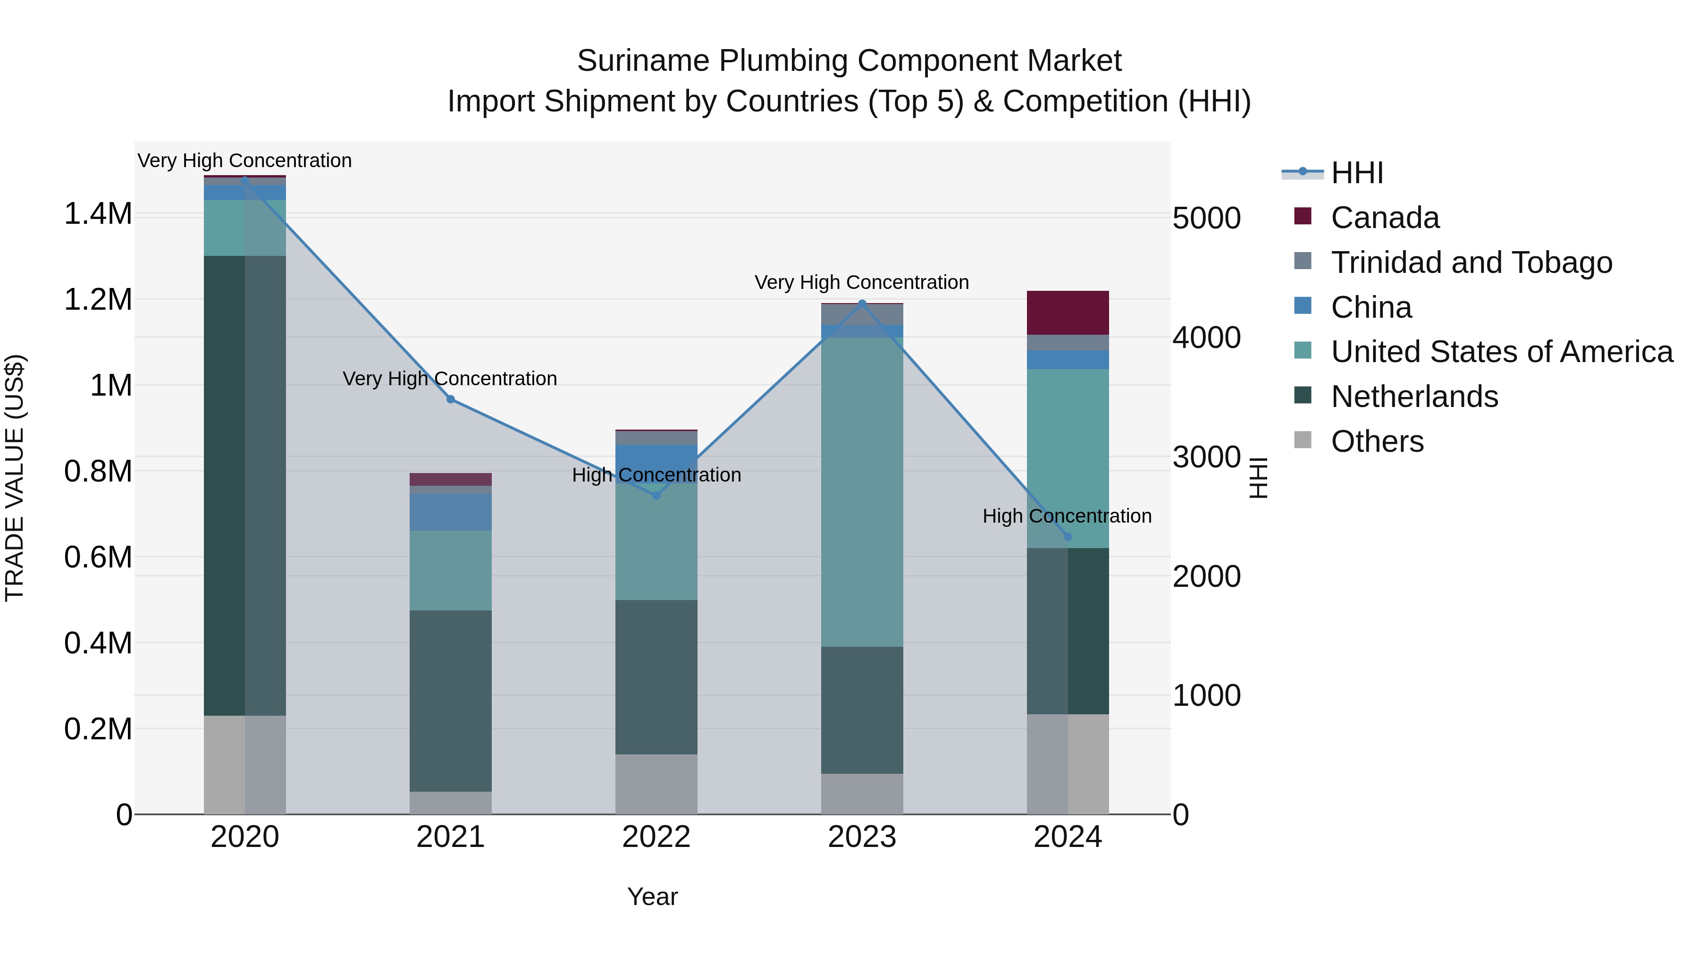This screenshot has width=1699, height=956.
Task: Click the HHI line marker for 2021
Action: pyautogui.click(x=451, y=399)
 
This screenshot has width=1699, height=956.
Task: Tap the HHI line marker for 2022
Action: pyautogui.click(x=656, y=495)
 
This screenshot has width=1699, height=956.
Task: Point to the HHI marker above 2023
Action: pyautogui.click(x=862, y=304)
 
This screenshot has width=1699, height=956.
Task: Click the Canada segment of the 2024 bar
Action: pyautogui.click(x=1068, y=313)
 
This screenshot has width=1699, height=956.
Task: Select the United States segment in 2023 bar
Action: pyautogui.click(x=862, y=491)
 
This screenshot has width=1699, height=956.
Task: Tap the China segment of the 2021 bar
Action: pyautogui.click(x=451, y=512)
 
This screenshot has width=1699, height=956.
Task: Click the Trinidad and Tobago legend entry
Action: pyautogui.click(x=1471, y=262)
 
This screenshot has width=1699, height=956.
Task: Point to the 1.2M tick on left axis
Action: pyautogui.click(x=98, y=299)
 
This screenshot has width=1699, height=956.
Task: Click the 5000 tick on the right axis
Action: pyautogui.click(x=1206, y=219)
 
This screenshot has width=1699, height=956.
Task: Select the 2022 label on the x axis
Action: pyautogui.click(x=656, y=837)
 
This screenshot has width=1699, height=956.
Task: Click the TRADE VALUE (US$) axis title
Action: pyautogui.click(x=15, y=478)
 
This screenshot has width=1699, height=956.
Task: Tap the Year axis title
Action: pyautogui.click(x=652, y=897)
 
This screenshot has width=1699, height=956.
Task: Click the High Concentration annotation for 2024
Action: pyautogui.click(x=1067, y=516)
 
